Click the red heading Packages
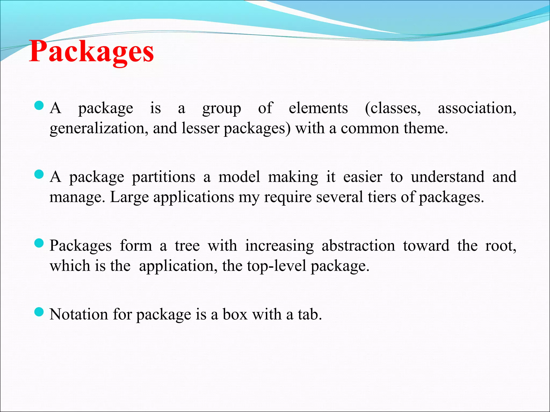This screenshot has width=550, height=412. coord(91,51)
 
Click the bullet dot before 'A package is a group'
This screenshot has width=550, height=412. coord(39,105)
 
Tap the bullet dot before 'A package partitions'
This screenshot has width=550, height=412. coord(39,174)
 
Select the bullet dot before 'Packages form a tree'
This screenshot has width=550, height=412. coord(39,243)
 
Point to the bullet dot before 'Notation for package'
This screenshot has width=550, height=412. coord(39,312)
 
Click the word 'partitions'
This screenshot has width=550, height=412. coord(164,177)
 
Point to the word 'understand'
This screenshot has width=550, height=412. coord(448,177)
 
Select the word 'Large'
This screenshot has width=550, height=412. coord(129,197)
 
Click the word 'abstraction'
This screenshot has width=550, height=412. coord(358,246)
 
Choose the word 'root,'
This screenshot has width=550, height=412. coord(501,246)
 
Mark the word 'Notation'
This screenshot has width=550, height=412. coord(79,314)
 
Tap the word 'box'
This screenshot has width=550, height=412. coord(235,314)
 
